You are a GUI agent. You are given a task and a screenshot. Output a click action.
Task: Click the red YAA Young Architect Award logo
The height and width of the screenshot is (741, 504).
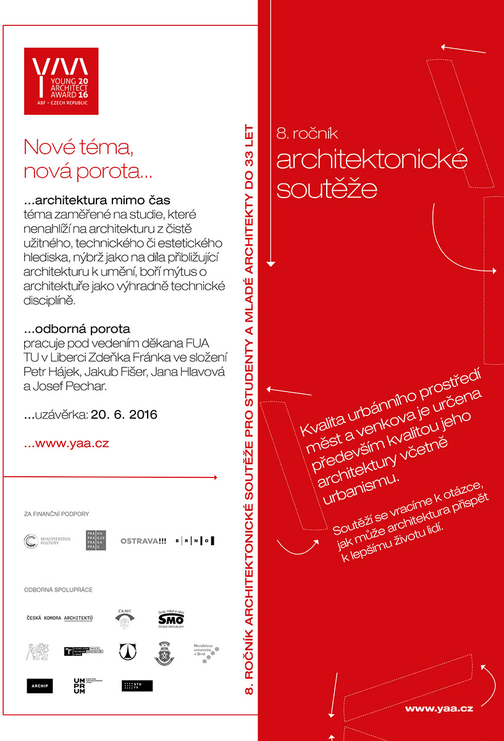(x=61, y=80)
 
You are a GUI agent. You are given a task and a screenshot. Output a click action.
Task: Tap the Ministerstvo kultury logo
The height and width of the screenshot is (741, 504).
(x=48, y=541)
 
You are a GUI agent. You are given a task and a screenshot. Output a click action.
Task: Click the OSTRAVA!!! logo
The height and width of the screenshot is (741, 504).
(x=143, y=541)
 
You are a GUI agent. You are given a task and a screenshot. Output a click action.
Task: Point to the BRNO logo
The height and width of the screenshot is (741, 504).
(x=195, y=541)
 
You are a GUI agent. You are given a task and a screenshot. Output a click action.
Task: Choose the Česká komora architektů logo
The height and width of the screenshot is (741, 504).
(x=59, y=618)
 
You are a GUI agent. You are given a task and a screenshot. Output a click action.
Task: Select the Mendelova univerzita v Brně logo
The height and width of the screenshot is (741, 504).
(x=206, y=653)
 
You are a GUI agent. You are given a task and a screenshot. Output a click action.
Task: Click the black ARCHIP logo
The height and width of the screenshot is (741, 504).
(x=40, y=685)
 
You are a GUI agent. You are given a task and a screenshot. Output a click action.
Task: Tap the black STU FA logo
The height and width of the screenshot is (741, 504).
(x=136, y=685)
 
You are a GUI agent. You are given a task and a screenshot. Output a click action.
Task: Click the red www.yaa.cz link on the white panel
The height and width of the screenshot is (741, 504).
(x=66, y=443)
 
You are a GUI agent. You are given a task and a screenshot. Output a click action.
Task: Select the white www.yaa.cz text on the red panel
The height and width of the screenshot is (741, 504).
(x=439, y=709)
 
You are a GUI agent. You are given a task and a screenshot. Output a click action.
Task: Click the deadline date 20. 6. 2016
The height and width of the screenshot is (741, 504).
(x=124, y=415)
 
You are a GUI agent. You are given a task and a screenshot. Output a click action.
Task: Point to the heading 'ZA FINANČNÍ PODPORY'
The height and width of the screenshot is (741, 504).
(x=57, y=514)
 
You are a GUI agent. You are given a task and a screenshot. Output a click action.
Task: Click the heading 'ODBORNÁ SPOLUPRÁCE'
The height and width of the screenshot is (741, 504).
(x=58, y=590)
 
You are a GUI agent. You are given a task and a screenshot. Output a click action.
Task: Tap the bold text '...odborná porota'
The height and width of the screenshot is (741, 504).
(x=77, y=329)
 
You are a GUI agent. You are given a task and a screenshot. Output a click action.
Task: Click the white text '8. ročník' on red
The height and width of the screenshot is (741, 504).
(x=307, y=133)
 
